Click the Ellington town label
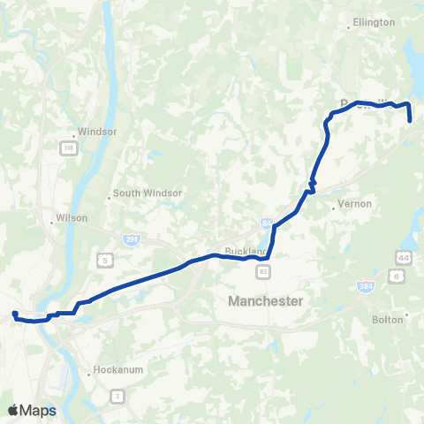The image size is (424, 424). click(x=367, y=21)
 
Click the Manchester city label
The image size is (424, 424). click(x=265, y=301)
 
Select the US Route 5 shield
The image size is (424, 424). click(x=104, y=259)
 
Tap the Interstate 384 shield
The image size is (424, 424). click(x=365, y=286)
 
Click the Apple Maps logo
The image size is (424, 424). click(x=33, y=410)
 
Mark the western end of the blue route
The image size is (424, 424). click(x=14, y=313)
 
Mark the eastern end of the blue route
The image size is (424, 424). click(x=411, y=120)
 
